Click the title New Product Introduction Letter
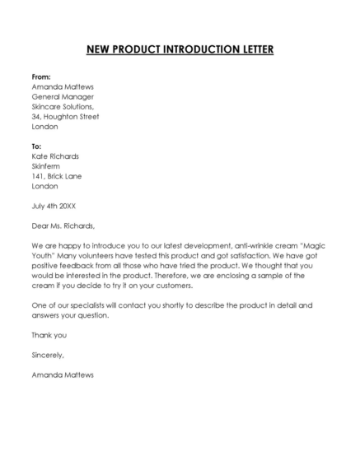[x=180, y=49]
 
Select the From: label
[x=41, y=75]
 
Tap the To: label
[x=36, y=146]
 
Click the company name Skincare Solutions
[x=63, y=106]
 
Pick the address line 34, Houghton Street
[x=65, y=117]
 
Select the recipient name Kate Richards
[x=55, y=156]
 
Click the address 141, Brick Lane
[x=57, y=176]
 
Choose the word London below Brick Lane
[x=45, y=186]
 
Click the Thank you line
[x=49, y=335]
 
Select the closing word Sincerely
[x=47, y=355]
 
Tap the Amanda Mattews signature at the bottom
[x=63, y=374]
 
